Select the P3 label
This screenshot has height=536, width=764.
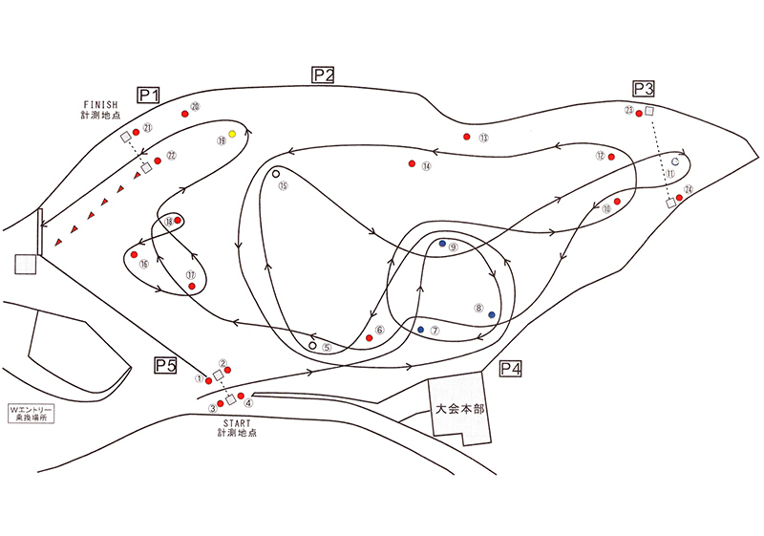[x=645, y=90]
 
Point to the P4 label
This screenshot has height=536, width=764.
[x=510, y=368]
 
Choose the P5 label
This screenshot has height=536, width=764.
[x=167, y=364]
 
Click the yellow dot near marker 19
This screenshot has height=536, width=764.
[x=232, y=134]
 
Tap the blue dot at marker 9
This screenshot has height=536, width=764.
[x=442, y=244]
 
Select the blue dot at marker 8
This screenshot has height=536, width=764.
[x=492, y=314]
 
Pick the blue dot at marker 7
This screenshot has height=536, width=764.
[x=421, y=330]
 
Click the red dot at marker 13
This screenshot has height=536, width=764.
[x=467, y=137]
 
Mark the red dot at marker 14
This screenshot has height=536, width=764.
[x=412, y=163]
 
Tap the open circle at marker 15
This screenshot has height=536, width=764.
[x=275, y=174]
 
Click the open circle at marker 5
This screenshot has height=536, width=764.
[x=313, y=345]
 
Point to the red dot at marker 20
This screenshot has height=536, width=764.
[x=183, y=114]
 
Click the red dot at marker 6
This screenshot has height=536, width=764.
[x=369, y=338]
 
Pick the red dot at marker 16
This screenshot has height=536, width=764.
[x=134, y=255]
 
